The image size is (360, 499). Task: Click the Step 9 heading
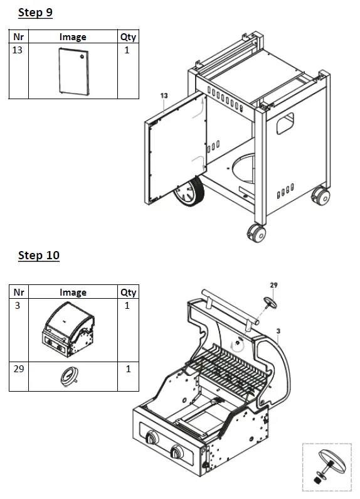pos(35,13)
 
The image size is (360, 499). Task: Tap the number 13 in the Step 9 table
pos(18,50)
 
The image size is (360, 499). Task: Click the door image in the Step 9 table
pos(73,70)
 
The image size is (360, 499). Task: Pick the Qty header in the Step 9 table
pos(127,37)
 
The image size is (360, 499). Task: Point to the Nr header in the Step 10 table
pos(19,292)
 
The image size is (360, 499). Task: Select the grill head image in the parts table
pos(71,330)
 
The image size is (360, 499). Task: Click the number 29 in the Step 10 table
pos(19,368)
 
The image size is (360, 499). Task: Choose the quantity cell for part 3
pos(127,306)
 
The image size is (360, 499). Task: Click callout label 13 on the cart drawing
pos(164,95)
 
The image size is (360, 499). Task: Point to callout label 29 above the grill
pos(273,285)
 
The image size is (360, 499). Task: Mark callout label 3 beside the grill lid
pos(278,330)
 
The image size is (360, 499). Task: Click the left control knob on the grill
pos(152,439)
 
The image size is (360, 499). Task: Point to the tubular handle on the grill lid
pos(229,307)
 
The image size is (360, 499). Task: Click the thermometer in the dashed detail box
pos(332,463)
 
